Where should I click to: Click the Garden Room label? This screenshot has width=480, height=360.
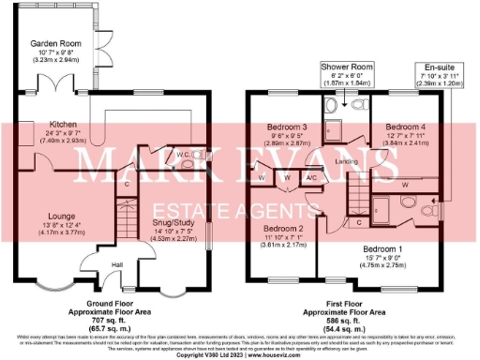(53, 43)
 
